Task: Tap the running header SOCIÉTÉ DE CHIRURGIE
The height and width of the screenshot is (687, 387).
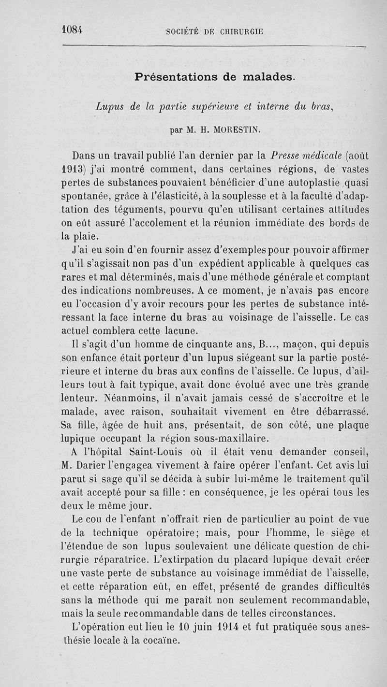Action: coord(214,32)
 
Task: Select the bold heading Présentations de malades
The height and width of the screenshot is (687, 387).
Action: coord(214,77)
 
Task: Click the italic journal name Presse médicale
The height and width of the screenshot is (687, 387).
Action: coord(284,156)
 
